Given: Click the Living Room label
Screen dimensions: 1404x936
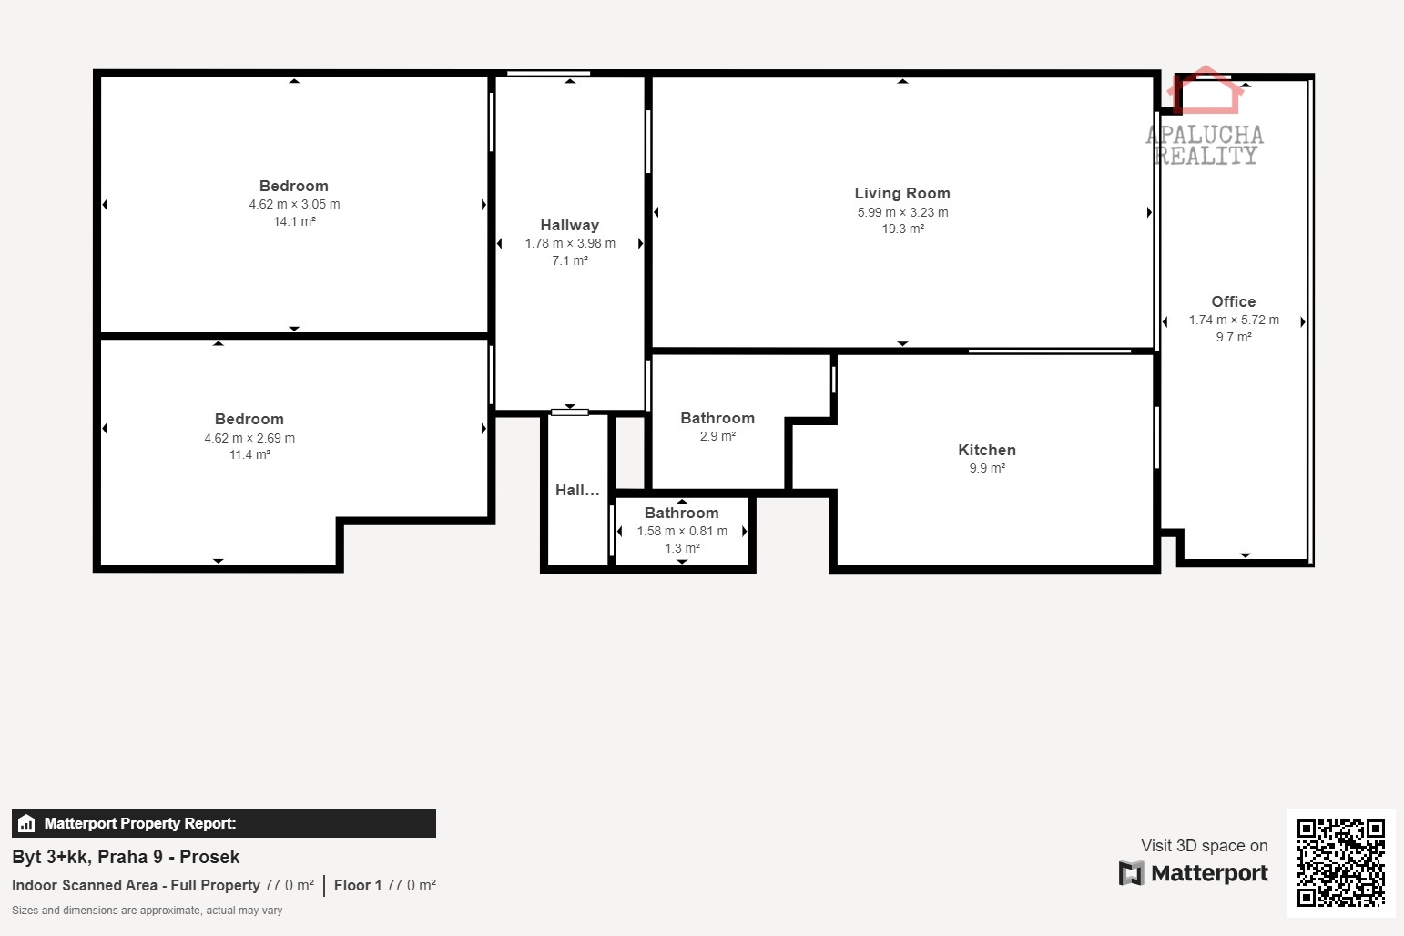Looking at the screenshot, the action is click(902, 193).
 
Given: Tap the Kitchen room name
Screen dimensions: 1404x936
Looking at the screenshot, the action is click(987, 450).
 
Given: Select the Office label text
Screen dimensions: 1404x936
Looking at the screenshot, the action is click(1233, 301).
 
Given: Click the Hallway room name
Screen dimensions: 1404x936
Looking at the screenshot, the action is click(570, 225).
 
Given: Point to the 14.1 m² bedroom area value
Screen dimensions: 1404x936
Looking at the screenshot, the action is click(294, 221).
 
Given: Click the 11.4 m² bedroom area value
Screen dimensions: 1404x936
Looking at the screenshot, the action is click(249, 454).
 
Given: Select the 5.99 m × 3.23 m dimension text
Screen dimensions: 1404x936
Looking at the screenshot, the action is click(902, 212).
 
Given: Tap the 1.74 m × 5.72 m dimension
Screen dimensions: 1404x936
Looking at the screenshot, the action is click(1234, 320).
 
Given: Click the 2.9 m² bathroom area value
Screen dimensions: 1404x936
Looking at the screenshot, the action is click(717, 436).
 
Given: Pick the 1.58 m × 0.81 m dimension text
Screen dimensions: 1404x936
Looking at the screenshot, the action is click(682, 531).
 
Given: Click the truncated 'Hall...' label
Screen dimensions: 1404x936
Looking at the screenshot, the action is click(577, 490).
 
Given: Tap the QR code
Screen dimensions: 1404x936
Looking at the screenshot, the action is click(1340, 862).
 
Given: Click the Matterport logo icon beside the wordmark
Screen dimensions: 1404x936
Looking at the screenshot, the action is click(1132, 873).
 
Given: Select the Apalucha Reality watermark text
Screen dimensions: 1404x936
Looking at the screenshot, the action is click(1205, 145).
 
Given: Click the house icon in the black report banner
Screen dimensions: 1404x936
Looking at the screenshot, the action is click(26, 823).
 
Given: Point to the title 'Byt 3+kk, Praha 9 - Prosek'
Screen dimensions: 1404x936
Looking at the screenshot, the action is click(126, 857).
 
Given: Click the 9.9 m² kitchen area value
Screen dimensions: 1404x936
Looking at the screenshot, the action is click(987, 468).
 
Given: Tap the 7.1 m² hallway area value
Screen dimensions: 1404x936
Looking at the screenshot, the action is click(570, 260).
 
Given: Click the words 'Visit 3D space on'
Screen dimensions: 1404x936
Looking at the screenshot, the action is click(1204, 846).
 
